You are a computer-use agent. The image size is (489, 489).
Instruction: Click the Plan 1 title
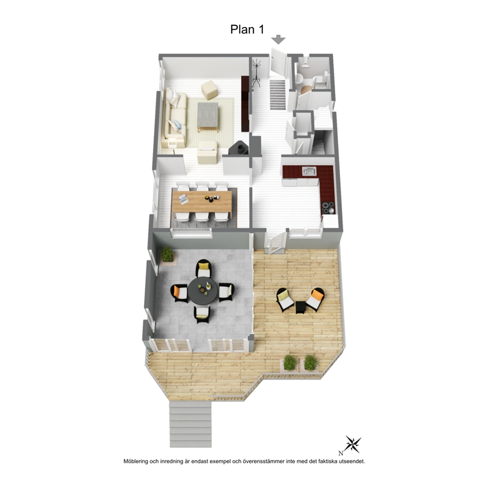click(x=247, y=29)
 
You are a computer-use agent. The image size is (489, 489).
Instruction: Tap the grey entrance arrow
click(x=278, y=39)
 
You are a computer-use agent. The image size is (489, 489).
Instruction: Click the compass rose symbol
click(x=353, y=444)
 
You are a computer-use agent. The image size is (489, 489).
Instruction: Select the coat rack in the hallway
click(x=256, y=73)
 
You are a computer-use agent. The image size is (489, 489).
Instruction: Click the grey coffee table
click(x=208, y=117)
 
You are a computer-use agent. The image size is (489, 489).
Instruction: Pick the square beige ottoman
click(x=209, y=90)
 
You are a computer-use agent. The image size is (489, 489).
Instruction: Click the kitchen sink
click(x=309, y=171)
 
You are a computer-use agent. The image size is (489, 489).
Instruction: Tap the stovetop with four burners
click(x=328, y=208)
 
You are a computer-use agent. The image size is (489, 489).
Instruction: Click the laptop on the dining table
click(x=183, y=199)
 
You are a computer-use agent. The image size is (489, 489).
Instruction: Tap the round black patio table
click(x=203, y=291)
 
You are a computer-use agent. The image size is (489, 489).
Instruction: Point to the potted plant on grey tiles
click(x=168, y=254)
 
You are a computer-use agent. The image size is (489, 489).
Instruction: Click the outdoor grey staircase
click(x=191, y=424)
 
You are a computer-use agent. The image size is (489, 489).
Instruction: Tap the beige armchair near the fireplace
click(x=208, y=152)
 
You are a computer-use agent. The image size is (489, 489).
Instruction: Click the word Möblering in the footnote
click(x=136, y=461)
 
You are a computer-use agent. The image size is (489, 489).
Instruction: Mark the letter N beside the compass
click(x=341, y=454)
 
